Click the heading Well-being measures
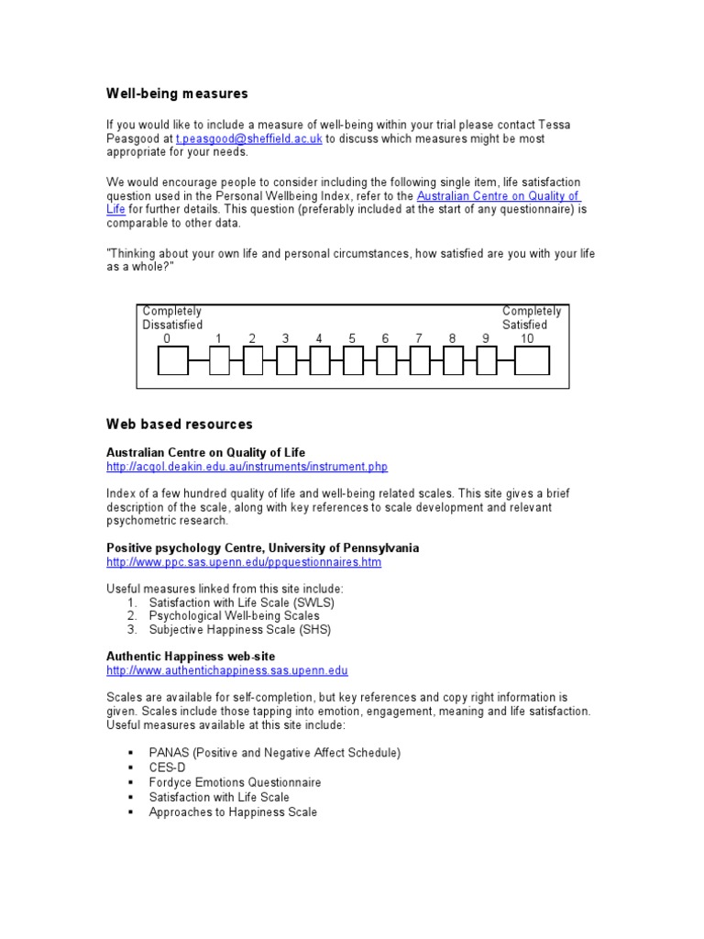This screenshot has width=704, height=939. click(x=177, y=94)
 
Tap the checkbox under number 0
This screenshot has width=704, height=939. click(x=171, y=361)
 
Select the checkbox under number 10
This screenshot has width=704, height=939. click(x=532, y=361)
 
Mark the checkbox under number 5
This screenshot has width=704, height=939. click(x=353, y=361)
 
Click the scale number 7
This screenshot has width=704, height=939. click(x=419, y=338)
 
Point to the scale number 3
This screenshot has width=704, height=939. click(x=286, y=338)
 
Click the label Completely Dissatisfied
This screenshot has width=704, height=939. click(x=172, y=318)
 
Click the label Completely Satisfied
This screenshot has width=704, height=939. click(x=532, y=318)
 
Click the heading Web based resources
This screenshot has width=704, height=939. click(x=179, y=424)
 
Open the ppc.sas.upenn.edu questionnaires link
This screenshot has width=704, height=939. click(x=244, y=562)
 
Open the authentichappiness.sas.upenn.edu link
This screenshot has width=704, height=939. click(x=227, y=671)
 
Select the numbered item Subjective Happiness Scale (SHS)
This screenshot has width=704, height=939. click(x=239, y=630)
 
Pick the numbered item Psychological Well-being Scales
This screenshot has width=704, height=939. click(x=234, y=616)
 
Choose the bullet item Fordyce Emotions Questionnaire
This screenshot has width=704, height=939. click(x=235, y=782)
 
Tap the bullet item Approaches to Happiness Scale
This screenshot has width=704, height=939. click(x=233, y=812)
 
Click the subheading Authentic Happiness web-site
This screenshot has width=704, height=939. click(x=191, y=657)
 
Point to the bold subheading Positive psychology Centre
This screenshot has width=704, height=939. click(x=262, y=547)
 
